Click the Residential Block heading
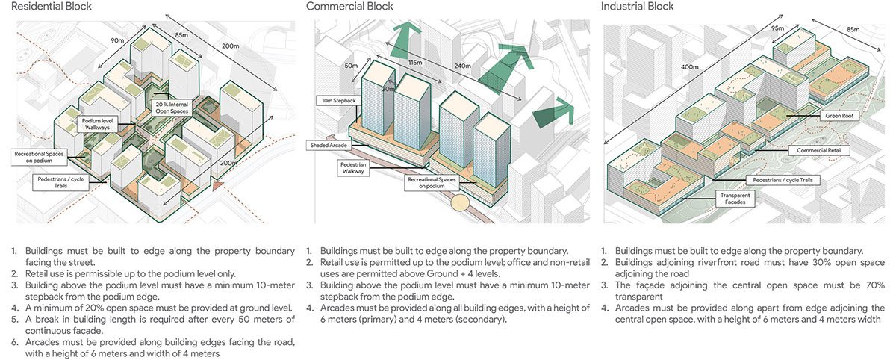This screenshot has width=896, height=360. coord(46,7)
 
